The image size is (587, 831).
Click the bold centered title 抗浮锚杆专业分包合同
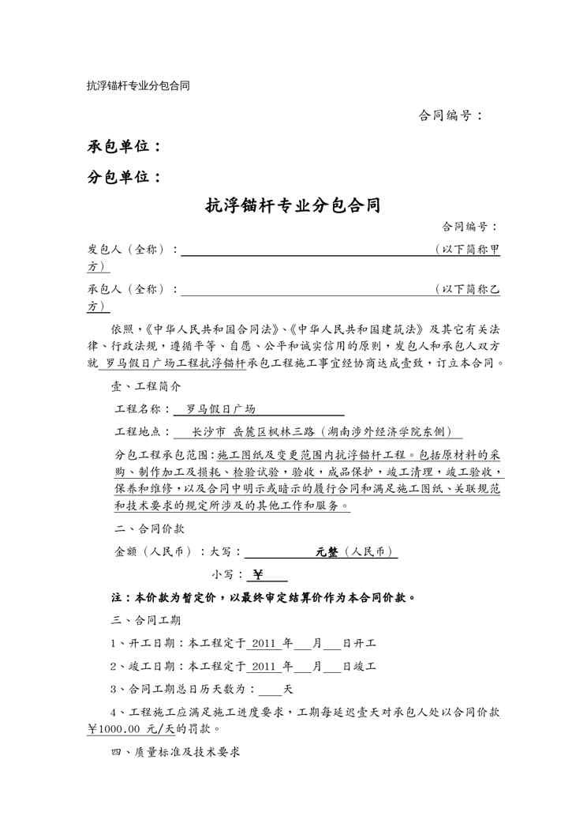click(293, 207)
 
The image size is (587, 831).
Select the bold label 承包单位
click(124, 146)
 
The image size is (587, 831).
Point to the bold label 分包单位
click(124, 177)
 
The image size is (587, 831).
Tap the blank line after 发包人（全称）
click(307, 250)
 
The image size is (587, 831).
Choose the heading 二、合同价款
click(147, 528)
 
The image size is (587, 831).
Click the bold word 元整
click(327, 552)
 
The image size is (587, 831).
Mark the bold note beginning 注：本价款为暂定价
click(264, 597)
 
